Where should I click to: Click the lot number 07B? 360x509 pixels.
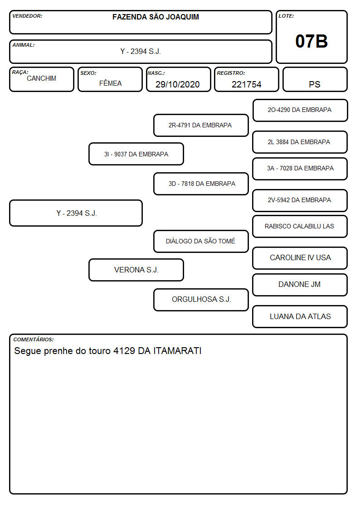tap(311, 41)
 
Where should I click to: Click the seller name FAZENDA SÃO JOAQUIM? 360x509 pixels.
tap(156, 17)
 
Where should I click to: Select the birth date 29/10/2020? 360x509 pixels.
tap(178, 84)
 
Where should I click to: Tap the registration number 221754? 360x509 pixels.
tap(246, 84)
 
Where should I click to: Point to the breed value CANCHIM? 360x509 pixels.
tap(42, 78)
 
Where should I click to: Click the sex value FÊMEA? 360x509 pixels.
tap(110, 83)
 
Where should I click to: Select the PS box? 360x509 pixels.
tap(315, 79)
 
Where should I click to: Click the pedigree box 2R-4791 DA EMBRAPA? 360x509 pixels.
tap(201, 125)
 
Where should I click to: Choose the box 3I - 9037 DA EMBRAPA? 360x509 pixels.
tap(136, 154)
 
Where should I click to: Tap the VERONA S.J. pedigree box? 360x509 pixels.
tap(136, 270)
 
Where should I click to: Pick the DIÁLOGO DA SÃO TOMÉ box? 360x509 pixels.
tap(201, 241)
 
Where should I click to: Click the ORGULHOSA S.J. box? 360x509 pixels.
tap(201, 300)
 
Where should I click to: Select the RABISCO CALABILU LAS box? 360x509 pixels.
tap(300, 226)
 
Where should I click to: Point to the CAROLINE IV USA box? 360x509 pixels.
tap(300, 258)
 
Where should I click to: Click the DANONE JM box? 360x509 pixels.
tap(300, 285)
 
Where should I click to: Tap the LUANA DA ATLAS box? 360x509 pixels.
tap(300, 316)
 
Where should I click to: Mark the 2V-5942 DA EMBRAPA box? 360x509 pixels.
tap(300, 200)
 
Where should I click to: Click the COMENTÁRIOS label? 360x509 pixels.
tap(34, 339)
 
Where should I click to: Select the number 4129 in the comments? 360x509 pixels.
tap(124, 351)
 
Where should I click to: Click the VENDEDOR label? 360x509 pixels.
tap(27, 16)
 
